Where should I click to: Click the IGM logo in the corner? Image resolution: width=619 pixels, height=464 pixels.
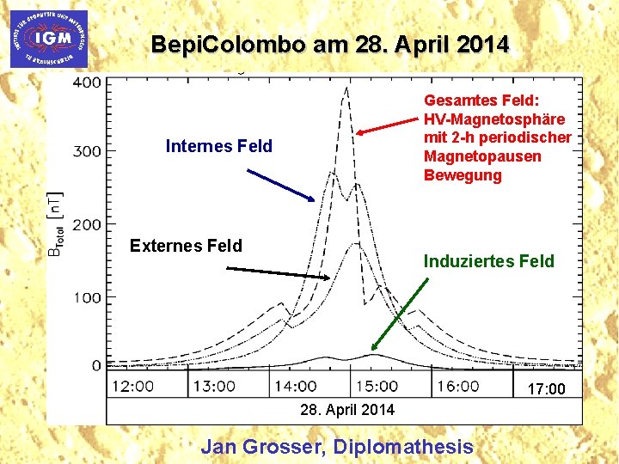point(48,39)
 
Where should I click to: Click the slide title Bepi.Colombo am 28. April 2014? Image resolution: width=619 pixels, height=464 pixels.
point(329,44)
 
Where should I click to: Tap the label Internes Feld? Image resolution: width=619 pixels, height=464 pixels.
point(218,146)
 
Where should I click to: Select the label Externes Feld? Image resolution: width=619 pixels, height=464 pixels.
point(186,246)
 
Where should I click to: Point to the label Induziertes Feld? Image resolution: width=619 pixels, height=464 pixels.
point(489,261)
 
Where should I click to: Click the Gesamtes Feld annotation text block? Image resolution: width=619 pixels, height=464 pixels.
point(497,137)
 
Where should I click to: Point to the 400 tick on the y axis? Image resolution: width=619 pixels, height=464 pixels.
point(87,82)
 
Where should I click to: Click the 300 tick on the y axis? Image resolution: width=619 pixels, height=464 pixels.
point(87,151)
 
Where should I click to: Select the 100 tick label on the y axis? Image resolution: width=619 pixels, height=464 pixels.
point(87,297)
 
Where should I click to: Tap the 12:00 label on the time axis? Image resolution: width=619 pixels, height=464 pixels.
point(132,387)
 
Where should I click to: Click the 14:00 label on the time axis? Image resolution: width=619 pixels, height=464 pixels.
point(295,387)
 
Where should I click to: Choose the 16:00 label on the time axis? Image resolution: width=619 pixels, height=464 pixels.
point(457,387)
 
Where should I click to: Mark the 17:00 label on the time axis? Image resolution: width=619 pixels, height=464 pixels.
point(546,389)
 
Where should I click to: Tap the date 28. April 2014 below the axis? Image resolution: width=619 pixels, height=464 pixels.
point(347,410)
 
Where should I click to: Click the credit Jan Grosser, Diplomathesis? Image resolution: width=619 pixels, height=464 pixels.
point(336,446)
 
